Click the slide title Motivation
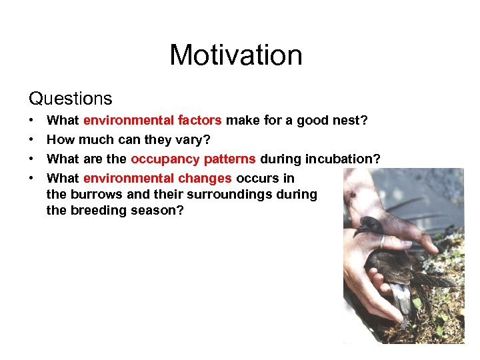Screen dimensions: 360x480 [x=236, y=55]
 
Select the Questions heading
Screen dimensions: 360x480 [x=71, y=99]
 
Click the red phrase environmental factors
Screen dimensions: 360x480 [x=152, y=121]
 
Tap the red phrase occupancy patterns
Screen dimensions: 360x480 [x=193, y=159]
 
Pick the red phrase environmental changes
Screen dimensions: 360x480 [x=157, y=179]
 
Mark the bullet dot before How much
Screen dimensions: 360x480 [x=32, y=140]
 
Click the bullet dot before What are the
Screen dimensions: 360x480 [x=32, y=159]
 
